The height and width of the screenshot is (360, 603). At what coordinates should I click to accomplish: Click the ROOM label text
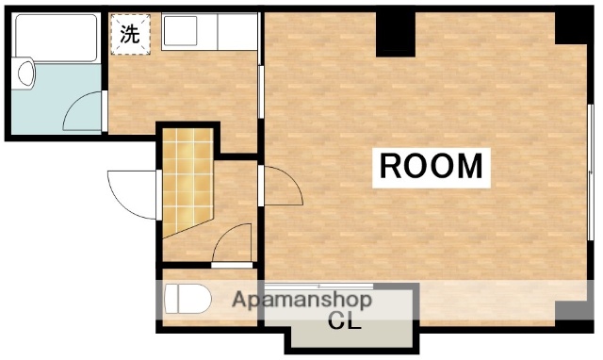click(x=431, y=166)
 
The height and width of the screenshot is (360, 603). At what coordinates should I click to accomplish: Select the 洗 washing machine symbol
click(x=131, y=35)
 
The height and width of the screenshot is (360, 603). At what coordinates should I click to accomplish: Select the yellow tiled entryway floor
click(x=187, y=178)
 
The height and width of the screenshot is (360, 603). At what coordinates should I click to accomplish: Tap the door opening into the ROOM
click(x=282, y=184)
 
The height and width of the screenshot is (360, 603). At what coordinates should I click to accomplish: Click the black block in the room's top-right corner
click(x=572, y=26)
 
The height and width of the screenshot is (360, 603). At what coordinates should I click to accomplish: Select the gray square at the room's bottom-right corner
click(x=571, y=312)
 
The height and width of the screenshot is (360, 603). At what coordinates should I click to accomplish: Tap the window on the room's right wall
click(x=591, y=170)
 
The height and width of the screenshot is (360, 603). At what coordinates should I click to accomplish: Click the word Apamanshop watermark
click(x=302, y=302)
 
